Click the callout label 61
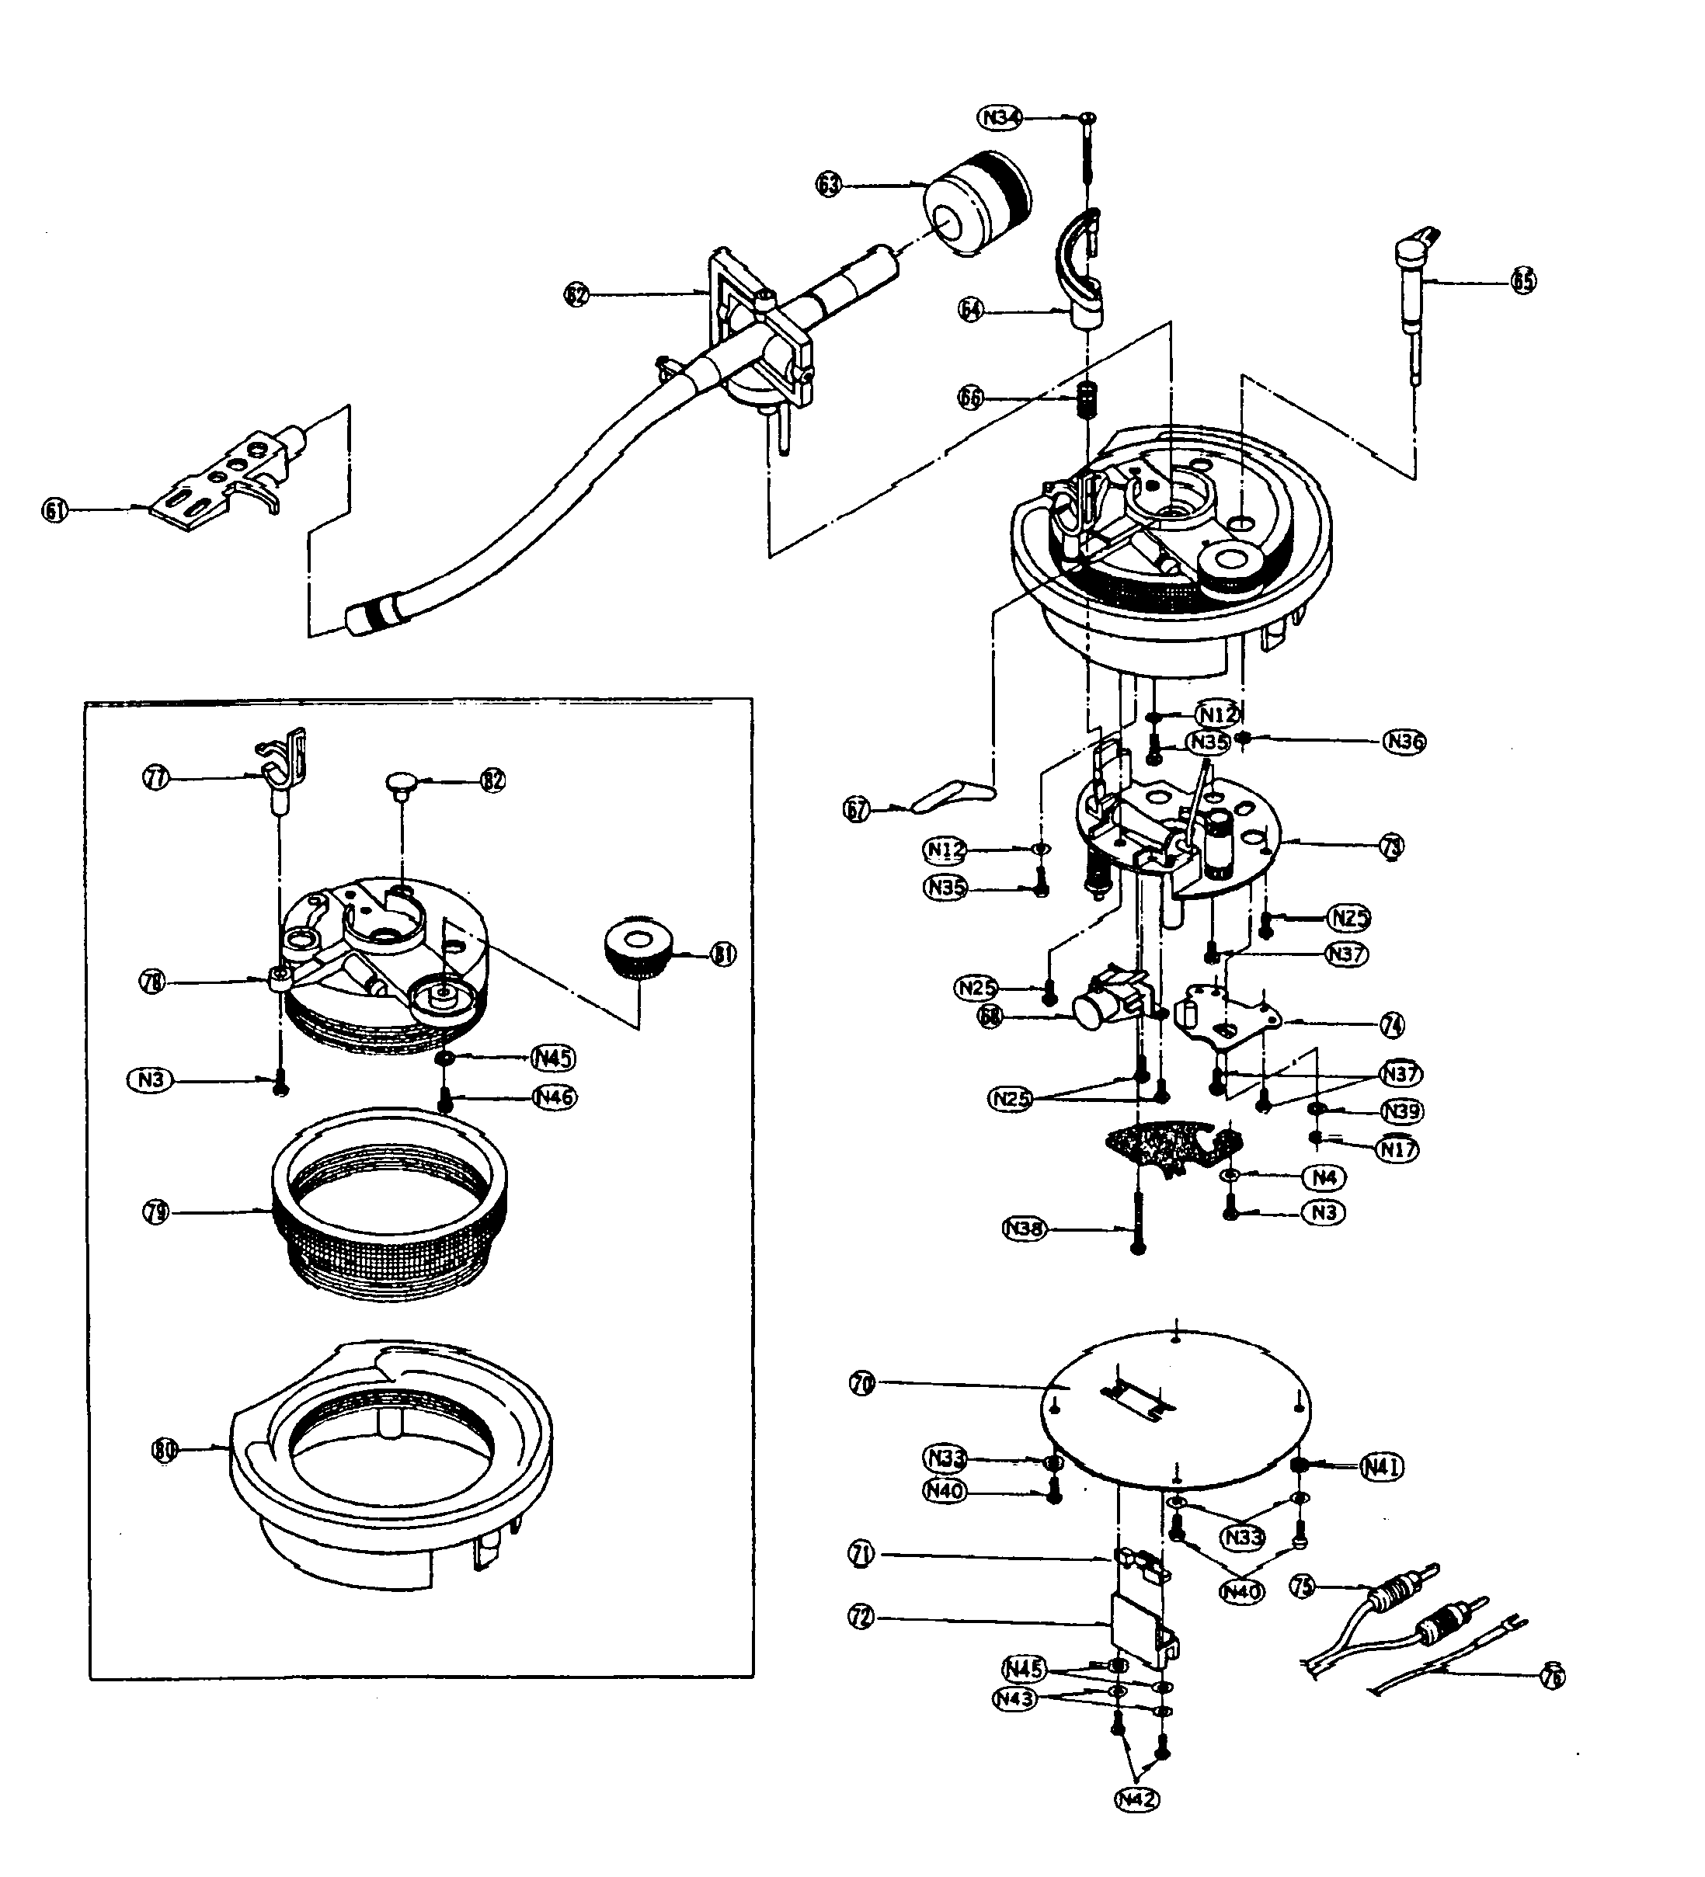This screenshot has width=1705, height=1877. click(56, 509)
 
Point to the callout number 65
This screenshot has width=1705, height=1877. click(1523, 280)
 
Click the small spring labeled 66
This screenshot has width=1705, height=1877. click(1084, 401)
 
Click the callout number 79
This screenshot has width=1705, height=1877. click(156, 1212)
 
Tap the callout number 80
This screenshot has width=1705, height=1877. click(165, 1450)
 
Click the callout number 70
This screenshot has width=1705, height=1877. click(862, 1384)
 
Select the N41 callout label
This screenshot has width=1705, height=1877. click(1381, 1466)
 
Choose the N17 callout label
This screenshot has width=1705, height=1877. click(1397, 1149)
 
